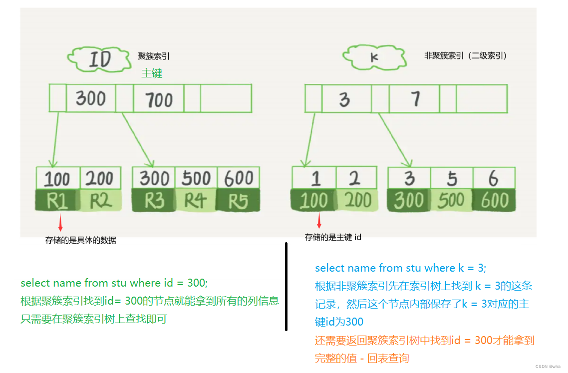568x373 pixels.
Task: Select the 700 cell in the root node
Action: click(x=159, y=99)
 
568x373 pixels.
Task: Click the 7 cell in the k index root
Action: click(x=414, y=99)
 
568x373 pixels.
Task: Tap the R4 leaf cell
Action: click(x=196, y=201)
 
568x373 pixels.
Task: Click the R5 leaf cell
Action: click(x=238, y=201)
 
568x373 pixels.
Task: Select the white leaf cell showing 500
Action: click(x=196, y=178)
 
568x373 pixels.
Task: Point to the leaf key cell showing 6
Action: click(x=494, y=178)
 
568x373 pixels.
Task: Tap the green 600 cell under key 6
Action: click(x=494, y=201)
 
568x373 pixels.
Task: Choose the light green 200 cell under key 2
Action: click(x=357, y=201)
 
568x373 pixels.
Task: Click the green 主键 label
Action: click(x=152, y=73)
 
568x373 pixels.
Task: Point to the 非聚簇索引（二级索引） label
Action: click(x=465, y=56)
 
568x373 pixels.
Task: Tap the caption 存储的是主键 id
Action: click(x=333, y=238)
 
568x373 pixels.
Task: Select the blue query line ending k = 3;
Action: click(x=400, y=268)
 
